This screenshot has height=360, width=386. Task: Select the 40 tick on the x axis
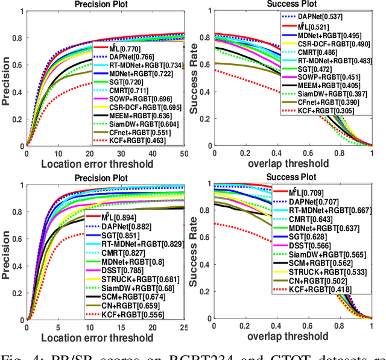click(x=153, y=153)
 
